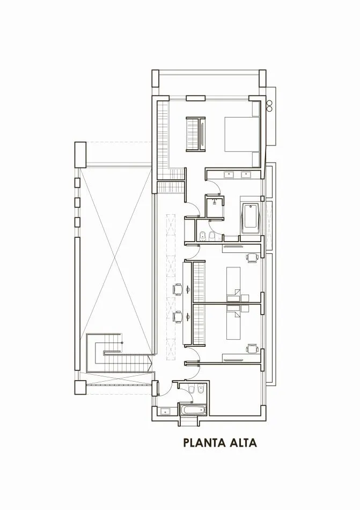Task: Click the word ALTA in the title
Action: tap(242, 443)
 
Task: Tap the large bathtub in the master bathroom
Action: tap(250, 218)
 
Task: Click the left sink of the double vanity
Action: tap(229, 174)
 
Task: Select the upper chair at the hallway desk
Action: tap(177, 289)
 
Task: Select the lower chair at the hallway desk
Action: tap(177, 317)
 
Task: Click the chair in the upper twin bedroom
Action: tap(252, 258)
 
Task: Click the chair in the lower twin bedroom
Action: tap(252, 349)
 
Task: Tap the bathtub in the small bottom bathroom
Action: tap(192, 411)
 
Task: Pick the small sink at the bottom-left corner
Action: tap(165, 412)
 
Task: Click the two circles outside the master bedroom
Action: tap(270, 104)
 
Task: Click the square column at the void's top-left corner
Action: tap(80, 154)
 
